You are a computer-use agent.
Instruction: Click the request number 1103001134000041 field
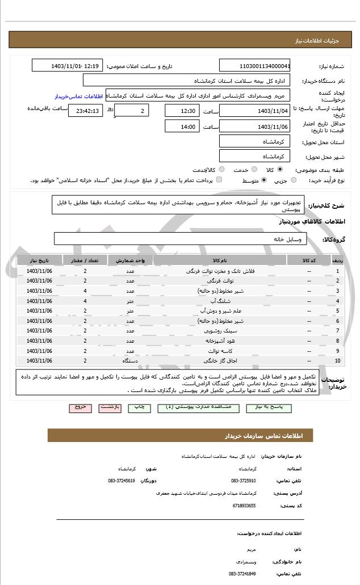tap(254, 66)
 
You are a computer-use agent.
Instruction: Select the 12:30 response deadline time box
tap(182, 111)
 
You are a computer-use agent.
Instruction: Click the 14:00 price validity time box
tap(182, 127)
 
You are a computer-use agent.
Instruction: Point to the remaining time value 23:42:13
tap(86, 111)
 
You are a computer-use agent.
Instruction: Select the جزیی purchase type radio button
tap(293, 180)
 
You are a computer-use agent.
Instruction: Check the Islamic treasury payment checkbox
tap(219, 180)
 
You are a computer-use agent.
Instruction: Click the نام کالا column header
tap(220, 260)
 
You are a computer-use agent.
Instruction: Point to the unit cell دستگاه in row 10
tap(130, 360)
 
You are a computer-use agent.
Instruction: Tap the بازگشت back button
tap(110, 407)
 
